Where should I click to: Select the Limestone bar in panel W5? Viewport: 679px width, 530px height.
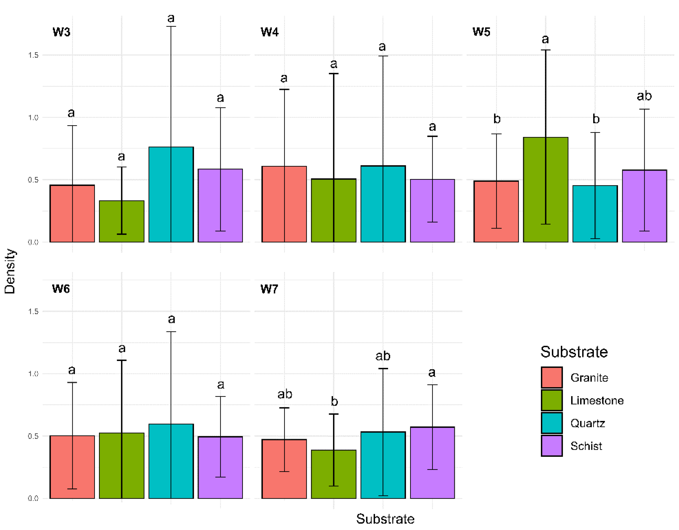click(x=545, y=190)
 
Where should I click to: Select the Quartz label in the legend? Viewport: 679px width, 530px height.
click(x=587, y=423)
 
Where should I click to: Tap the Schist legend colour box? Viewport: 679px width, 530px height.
click(x=551, y=446)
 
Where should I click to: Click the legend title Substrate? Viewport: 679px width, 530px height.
click(x=574, y=352)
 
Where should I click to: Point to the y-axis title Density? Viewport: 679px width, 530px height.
click(x=10, y=271)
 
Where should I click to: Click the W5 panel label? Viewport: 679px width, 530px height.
click(x=481, y=32)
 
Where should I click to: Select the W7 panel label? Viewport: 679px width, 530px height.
click(x=269, y=289)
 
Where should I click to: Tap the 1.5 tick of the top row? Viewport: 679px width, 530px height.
click(x=33, y=55)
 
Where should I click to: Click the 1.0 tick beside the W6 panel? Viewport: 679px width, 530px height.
click(x=33, y=374)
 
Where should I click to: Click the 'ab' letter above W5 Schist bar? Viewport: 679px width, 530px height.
click(x=644, y=96)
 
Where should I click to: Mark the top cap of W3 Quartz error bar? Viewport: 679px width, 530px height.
click(x=171, y=27)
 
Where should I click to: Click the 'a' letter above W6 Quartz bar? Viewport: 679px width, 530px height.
click(x=171, y=319)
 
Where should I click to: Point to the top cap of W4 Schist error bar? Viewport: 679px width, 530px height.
click(x=432, y=136)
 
